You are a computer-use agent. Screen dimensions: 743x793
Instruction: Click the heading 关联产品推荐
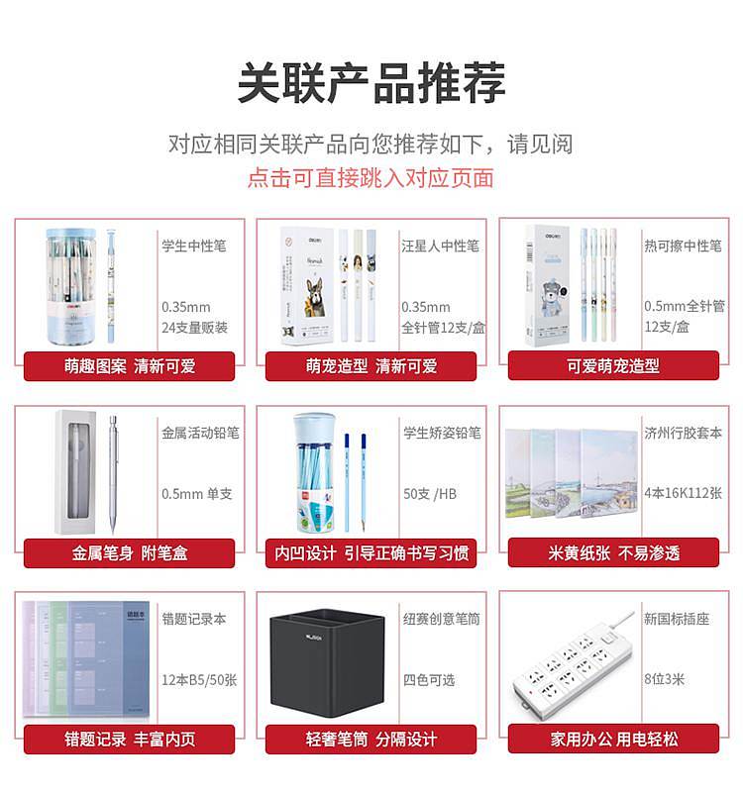[371, 82]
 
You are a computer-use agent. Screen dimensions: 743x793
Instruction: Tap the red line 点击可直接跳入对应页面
[371, 178]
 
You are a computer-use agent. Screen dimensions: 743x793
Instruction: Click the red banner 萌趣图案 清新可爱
[129, 365]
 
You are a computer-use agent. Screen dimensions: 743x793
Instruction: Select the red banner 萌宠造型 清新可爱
[371, 365]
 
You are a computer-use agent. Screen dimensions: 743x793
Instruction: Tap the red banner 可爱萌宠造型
[613, 365]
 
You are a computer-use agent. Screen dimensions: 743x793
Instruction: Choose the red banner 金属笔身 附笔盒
[129, 552]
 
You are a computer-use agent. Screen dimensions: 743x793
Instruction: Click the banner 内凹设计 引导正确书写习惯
[371, 552]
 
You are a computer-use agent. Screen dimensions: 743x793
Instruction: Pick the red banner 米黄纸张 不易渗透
[613, 552]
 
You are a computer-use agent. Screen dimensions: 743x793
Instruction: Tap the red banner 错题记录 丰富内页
[129, 739]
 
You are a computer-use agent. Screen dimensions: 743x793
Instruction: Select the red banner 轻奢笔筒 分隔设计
[371, 739]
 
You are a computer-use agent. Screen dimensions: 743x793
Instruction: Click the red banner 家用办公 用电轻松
[613, 739]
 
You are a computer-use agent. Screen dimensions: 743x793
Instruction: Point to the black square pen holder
[327, 663]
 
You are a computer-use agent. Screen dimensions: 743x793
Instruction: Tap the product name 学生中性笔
[194, 246]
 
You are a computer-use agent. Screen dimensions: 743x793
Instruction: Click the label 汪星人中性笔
[440, 246]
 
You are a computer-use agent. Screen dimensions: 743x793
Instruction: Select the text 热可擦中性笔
[683, 246]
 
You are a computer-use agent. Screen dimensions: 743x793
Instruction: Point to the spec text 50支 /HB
[430, 494]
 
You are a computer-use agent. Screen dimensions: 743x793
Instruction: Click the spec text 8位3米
[664, 679]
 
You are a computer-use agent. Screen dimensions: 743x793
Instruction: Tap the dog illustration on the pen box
[315, 297]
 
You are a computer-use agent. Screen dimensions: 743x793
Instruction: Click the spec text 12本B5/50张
[199, 680]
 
